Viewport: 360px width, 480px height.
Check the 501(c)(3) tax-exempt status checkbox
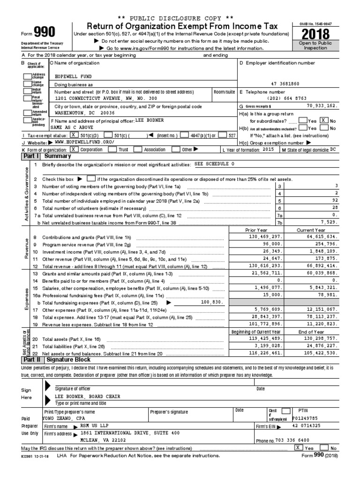pyautogui.click(x=73, y=135)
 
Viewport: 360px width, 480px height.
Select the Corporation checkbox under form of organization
pyautogui.click(x=74, y=150)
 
